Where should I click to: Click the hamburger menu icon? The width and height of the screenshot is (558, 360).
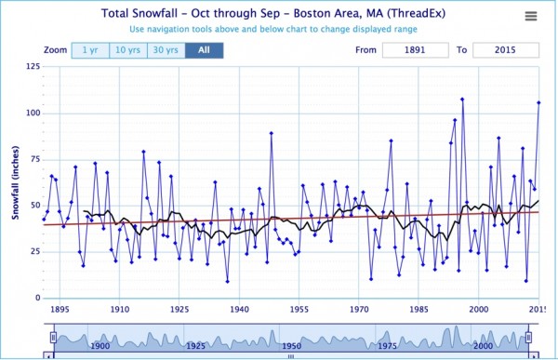click(531, 16)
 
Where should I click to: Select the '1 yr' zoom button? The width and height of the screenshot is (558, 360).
click(90, 50)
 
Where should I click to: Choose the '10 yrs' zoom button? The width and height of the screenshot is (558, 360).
click(128, 50)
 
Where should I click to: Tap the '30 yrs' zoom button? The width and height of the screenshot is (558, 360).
click(166, 50)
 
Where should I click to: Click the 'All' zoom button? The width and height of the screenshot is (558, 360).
click(205, 50)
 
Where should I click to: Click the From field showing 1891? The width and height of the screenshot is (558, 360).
click(416, 50)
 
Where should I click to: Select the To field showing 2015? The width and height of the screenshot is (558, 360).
click(506, 50)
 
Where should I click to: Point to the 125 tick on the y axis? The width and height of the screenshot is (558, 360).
click(33, 67)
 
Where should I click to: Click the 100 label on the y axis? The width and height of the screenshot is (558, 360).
click(33, 113)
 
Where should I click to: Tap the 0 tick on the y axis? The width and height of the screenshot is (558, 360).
click(38, 298)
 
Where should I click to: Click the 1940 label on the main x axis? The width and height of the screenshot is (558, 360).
click(240, 309)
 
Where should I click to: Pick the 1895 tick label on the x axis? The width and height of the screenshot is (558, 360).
click(60, 309)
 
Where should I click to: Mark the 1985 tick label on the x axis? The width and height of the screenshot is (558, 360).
click(418, 309)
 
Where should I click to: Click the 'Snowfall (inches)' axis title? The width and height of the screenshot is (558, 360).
click(15, 182)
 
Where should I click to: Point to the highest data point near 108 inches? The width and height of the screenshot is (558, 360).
click(462, 100)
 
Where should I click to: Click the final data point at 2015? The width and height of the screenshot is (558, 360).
click(538, 103)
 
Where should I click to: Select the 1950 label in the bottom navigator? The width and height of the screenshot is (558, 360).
click(291, 346)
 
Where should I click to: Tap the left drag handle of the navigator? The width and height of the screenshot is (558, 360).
click(53, 337)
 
